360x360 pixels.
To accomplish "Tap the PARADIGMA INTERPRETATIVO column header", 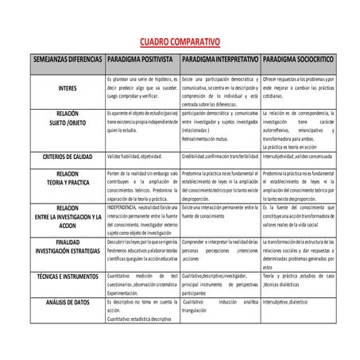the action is [220, 60].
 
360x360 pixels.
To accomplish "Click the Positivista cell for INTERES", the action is [142, 88].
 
